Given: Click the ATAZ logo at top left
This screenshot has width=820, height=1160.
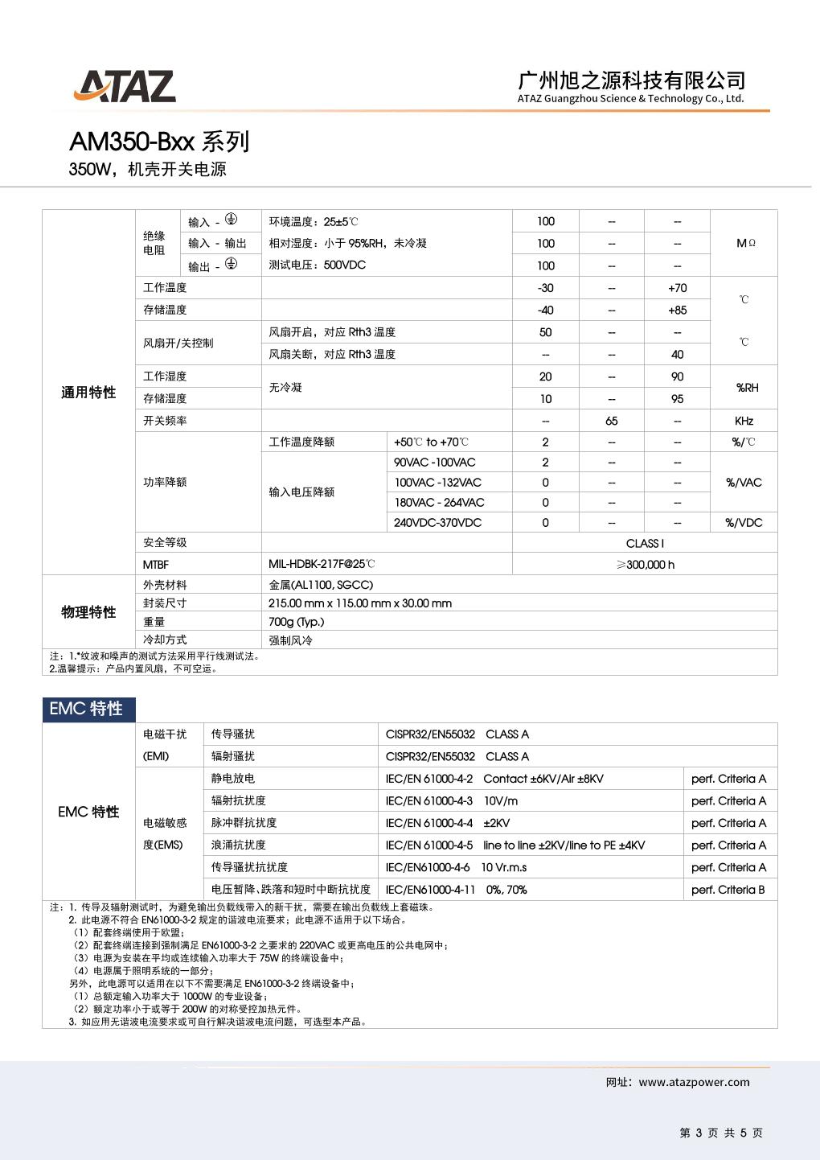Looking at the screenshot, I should click(125, 87).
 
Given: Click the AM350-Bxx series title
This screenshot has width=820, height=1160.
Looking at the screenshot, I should click(159, 142).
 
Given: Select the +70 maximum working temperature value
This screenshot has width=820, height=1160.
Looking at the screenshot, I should click(677, 288).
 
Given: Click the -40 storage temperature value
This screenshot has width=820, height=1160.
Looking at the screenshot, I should click(545, 311).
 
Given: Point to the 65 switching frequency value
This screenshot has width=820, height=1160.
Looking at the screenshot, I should click(611, 421).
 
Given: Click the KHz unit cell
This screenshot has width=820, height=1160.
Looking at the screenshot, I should click(744, 421).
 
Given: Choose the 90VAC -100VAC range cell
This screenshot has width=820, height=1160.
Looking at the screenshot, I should click(435, 463).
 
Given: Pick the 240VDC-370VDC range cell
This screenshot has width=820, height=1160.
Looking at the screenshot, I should click(438, 523).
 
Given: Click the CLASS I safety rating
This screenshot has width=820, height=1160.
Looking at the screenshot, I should click(645, 543).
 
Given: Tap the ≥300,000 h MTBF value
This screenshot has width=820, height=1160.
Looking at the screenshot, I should click(645, 565).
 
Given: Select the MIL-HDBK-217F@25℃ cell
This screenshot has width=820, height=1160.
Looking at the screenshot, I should click(322, 565).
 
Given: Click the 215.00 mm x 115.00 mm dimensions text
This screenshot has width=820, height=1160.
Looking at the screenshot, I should click(360, 603).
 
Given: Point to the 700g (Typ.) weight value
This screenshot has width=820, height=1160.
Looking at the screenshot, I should click(297, 622).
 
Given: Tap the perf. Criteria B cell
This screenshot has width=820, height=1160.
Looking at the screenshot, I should click(728, 890).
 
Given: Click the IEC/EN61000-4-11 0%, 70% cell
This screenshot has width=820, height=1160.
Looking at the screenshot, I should click(456, 890).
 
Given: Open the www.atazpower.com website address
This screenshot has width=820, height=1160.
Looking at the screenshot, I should click(694, 1083).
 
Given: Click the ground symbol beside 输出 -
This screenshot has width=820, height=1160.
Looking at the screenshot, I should click(231, 264).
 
